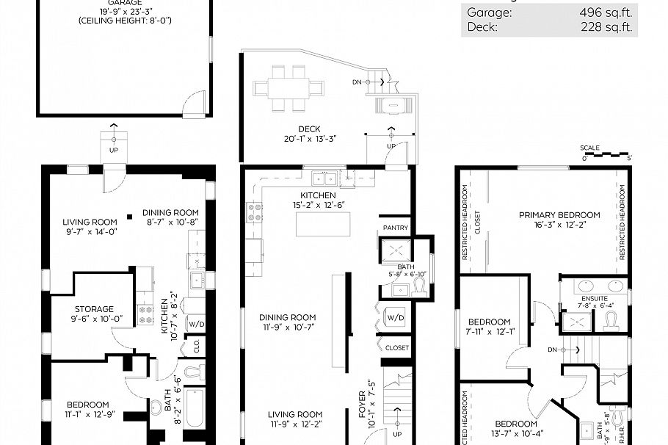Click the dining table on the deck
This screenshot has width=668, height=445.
tap(288, 88)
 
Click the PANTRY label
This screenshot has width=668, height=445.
tap(396, 228)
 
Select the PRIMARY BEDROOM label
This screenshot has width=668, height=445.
tap(559, 215)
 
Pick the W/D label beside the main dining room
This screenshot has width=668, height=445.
tap(395, 318)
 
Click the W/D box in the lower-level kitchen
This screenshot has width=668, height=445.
tap(196, 323)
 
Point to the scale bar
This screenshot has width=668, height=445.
tap(606, 156)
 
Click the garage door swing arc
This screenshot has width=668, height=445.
tap(195, 104)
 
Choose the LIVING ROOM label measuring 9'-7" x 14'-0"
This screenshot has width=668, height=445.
tap(90, 222)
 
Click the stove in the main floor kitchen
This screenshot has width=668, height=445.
tap(255, 213)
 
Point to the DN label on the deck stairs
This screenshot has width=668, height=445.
tap(357, 82)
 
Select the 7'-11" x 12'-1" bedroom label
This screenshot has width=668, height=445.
tap(490, 322)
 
